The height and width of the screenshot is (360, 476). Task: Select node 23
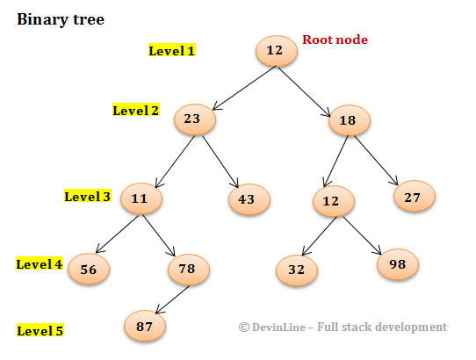(x=195, y=120)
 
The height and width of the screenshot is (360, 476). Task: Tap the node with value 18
(x=350, y=120)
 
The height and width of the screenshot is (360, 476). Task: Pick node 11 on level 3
(x=141, y=199)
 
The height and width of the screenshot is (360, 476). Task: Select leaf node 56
(x=89, y=270)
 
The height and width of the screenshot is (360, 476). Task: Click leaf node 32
(x=297, y=270)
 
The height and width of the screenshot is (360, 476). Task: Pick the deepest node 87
(x=145, y=325)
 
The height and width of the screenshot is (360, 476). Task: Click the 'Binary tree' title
(x=61, y=19)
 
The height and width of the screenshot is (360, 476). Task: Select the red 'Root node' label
(x=335, y=40)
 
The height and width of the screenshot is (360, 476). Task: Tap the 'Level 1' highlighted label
(x=172, y=51)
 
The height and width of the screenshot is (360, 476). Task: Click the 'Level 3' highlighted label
(x=88, y=196)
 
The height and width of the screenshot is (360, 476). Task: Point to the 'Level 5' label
(x=40, y=331)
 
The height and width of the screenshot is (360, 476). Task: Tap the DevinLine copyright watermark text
(x=343, y=327)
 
